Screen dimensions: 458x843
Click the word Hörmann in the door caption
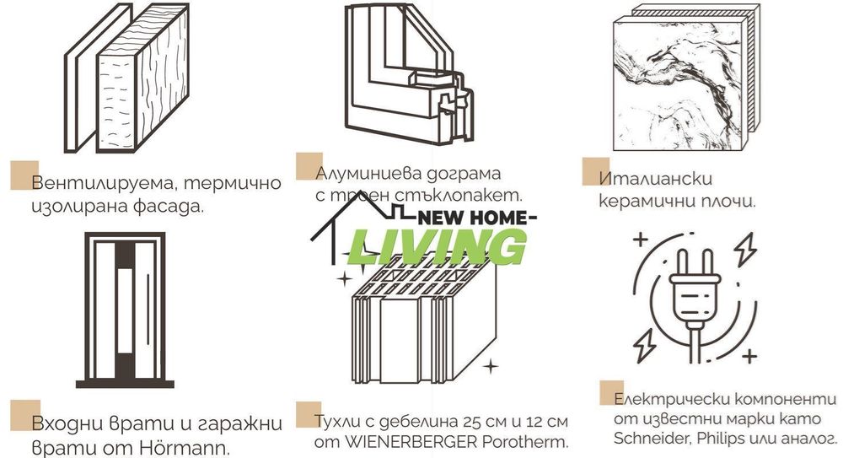(190, 446)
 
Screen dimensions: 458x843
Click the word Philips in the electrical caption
(719, 438)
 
